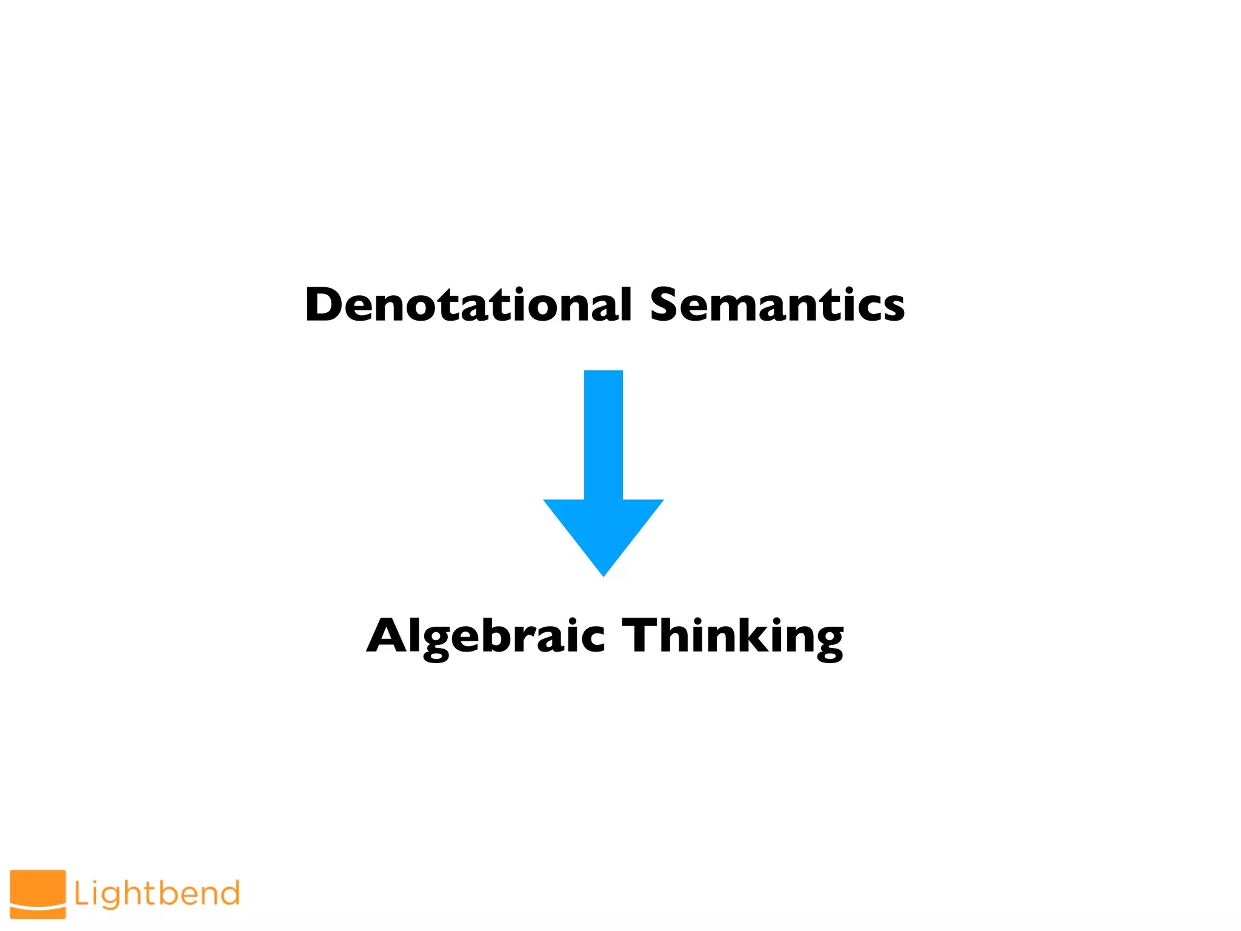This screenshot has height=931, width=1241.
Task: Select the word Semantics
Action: point(777,304)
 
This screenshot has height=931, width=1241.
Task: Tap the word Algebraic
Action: point(485,636)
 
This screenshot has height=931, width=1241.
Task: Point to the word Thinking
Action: point(733,636)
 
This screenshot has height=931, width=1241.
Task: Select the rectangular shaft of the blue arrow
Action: point(604,433)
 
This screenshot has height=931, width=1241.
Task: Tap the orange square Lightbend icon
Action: point(38,894)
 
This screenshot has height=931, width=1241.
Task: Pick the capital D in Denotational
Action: point(326,304)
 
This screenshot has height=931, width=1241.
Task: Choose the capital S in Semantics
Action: point(668,304)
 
